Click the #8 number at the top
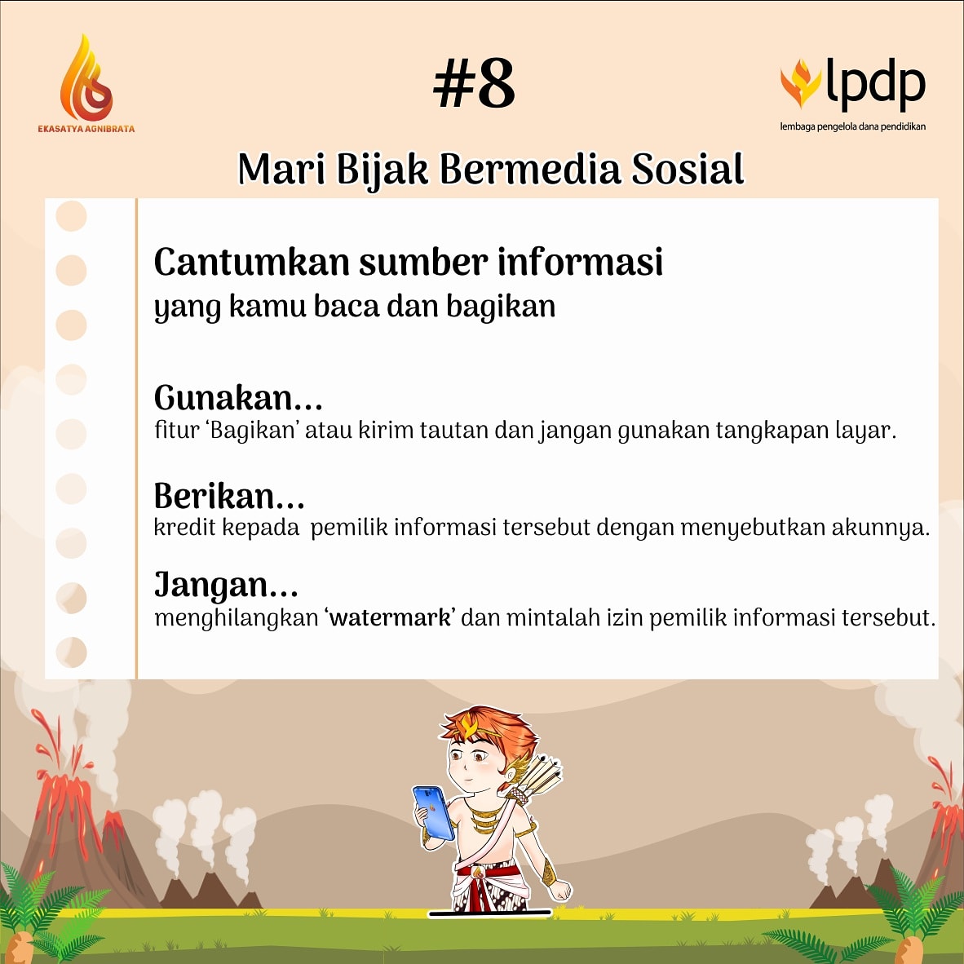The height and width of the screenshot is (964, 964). pyautogui.click(x=474, y=84)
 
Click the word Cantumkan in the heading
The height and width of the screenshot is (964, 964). pyautogui.click(x=251, y=263)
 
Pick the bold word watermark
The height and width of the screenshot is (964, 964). pyautogui.click(x=390, y=617)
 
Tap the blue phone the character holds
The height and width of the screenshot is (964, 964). pyautogui.click(x=434, y=812)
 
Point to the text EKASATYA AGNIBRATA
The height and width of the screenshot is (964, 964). pyautogui.click(x=86, y=128)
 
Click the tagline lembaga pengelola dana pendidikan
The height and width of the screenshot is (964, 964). pyautogui.click(x=852, y=126)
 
